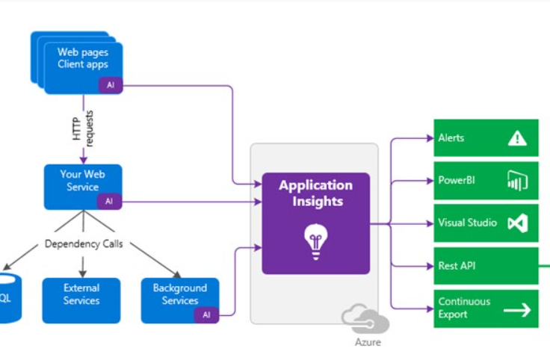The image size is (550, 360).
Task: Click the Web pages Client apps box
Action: click(x=82, y=59)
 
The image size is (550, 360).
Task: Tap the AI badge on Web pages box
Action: click(x=111, y=85)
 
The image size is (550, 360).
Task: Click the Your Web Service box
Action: click(x=82, y=181)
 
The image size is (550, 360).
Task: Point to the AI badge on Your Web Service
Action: click(x=109, y=201)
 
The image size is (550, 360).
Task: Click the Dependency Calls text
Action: click(x=83, y=243)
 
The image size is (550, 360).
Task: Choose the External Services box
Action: click(x=81, y=294)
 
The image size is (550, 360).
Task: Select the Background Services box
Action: click(x=179, y=294)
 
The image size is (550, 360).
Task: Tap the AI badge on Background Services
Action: click(x=206, y=314)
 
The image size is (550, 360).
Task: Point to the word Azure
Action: click(x=367, y=342)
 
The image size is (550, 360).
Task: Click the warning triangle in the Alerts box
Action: click(x=517, y=138)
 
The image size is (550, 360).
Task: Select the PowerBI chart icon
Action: click(x=517, y=181)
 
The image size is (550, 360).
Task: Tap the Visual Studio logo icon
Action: click(x=517, y=223)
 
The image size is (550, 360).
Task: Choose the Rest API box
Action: click(x=486, y=266)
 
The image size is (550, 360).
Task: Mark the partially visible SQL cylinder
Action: click(x=7, y=297)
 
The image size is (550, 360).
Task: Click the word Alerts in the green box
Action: click(x=451, y=138)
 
